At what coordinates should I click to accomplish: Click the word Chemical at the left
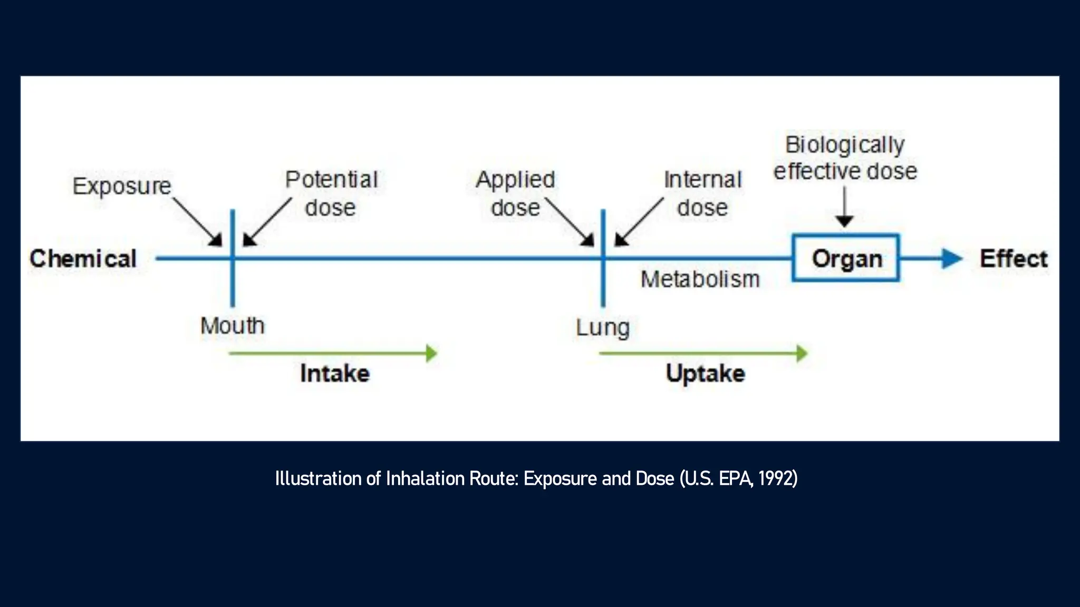tap(83, 259)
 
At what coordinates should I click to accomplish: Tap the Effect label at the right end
tap(1014, 259)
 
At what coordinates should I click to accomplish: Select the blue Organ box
tap(846, 258)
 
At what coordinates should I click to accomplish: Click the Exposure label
tap(122, 186)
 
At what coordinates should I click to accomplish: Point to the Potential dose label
tap(331, 193)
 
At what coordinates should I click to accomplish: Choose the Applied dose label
tap(515, 193)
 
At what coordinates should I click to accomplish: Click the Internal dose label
tap(702, 193)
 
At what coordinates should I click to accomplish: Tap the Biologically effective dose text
tap(845, 158)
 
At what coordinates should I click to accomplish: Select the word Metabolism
tap(700, 279)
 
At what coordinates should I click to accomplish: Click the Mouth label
tap(232, 326)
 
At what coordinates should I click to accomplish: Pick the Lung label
tap(603, 328)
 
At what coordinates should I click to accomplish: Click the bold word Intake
tap(335, 374)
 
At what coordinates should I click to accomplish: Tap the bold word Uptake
tap(705, 374)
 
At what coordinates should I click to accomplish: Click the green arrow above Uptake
tap(703, 353)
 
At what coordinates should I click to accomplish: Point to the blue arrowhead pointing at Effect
tap(951, 259)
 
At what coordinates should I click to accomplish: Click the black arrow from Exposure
tap(198, 222)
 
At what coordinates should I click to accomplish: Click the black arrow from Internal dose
tap(639, 222)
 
